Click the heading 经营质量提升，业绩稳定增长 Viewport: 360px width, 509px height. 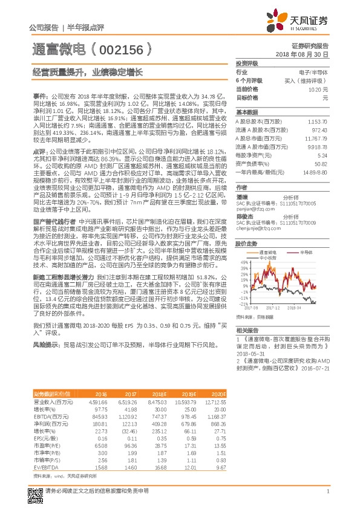coord(88,71)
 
